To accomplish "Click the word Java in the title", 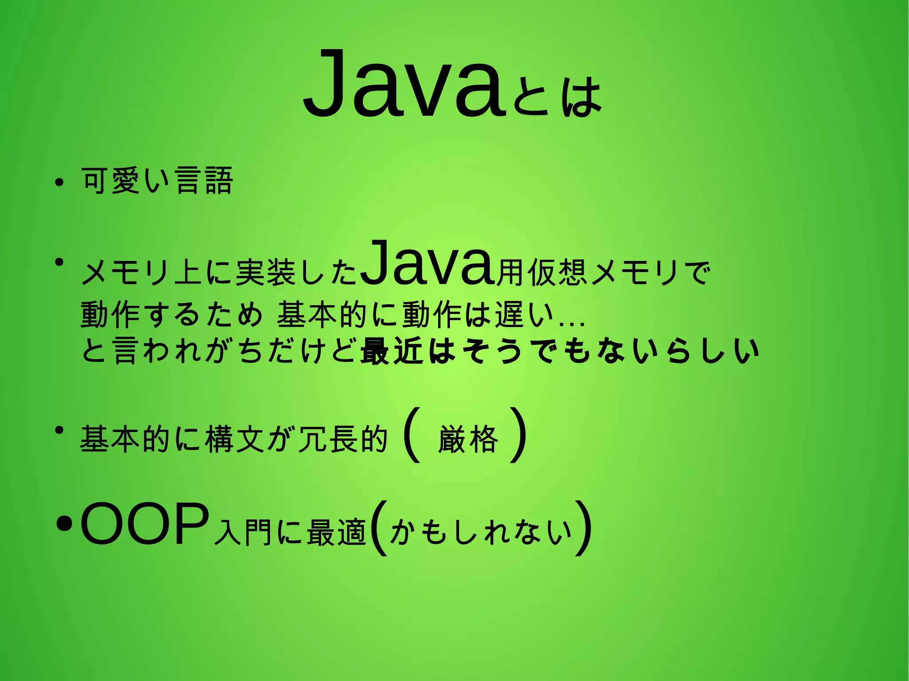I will pos(404,84).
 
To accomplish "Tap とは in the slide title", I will pos(557,96).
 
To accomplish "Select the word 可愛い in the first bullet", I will pos(126,181).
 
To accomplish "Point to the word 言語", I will pos(204,181).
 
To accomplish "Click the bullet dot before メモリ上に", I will pos(58,262).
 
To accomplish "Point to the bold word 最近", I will pos(391,350).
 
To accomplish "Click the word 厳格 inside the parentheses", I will pos(468,439).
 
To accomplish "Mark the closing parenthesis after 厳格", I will pos(519,435).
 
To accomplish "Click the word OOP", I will pos(145,524).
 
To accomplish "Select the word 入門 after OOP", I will pos(242,532).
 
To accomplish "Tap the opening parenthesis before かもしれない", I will pos(379,528).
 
